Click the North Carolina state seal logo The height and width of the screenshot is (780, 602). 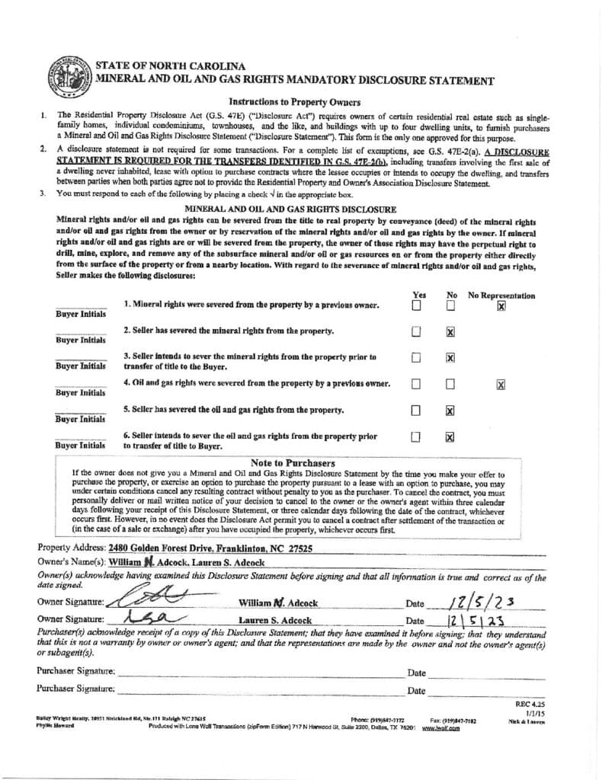69,78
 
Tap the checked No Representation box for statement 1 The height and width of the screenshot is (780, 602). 501,306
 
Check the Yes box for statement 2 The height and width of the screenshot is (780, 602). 416,332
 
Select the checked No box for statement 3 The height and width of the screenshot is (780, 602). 450,358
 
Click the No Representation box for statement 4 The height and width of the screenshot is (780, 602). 501,385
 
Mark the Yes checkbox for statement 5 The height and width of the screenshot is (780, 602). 416,411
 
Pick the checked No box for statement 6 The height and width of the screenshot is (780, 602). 450,437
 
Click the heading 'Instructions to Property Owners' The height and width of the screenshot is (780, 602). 294,101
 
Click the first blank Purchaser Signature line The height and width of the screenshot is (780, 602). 259,672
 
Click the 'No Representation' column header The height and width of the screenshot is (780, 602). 501,296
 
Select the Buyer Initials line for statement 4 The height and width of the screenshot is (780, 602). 81,385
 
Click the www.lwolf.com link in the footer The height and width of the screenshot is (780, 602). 440,728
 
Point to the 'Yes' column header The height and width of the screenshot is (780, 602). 419,296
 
